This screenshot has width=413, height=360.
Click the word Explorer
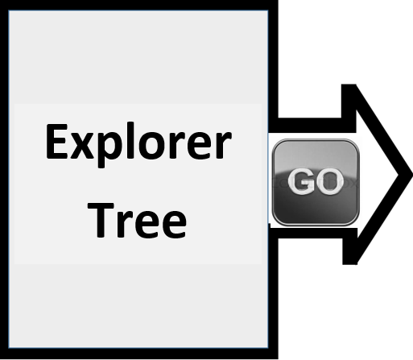pos(138,144)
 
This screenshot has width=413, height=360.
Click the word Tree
pos(137,220)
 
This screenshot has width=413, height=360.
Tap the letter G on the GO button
pos(301,182)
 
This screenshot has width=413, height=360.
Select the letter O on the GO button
pos(330,182)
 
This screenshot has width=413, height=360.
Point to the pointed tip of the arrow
pos(412,175)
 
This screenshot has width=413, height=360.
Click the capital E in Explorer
pos(56,141)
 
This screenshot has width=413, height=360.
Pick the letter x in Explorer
pos(82,146)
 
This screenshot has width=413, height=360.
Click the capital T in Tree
pos(101,220)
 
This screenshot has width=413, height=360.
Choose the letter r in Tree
pos(124,225)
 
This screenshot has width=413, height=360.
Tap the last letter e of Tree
pos(174,225)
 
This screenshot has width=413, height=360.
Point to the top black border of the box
pos(139,5)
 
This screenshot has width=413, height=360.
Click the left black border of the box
pos(4,180)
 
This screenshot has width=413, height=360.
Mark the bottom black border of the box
pos(139,354)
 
